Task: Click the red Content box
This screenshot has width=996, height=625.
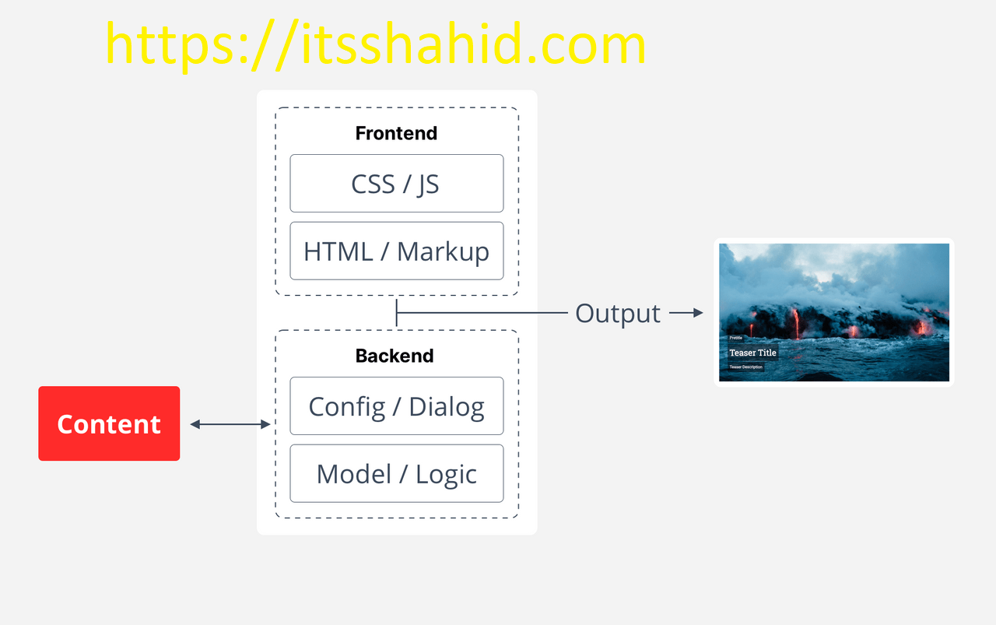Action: pos(109,423)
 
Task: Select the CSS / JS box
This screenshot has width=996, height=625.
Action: pos(396,184)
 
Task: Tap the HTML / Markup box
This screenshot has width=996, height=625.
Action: pos(396,251)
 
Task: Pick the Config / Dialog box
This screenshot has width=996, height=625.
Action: pos(396,406)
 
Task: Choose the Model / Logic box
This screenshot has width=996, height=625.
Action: pos(396,473)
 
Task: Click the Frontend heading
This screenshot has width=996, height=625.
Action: pos(396,133)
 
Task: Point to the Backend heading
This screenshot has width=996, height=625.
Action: pos(395,356)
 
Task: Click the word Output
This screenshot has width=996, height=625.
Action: pos(618,313)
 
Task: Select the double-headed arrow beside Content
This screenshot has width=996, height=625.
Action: pos(230,424)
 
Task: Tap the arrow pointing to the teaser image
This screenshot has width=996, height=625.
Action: pos(686,313)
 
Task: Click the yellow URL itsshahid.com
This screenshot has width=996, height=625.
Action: pos(376,44)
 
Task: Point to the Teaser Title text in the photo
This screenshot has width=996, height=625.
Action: pos(752,353)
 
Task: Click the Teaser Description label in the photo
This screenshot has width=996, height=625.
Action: pos(745,367)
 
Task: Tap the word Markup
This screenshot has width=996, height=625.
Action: pos(443,251)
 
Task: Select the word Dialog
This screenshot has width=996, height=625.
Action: pos(447,406)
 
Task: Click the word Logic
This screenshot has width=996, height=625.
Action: pos(446,474)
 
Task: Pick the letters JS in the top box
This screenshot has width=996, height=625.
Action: pos(428,184)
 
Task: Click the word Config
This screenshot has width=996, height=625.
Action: pos(347,406)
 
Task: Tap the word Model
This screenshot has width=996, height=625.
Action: pos(354,473)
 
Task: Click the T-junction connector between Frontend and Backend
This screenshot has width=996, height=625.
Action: pos(397,313)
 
